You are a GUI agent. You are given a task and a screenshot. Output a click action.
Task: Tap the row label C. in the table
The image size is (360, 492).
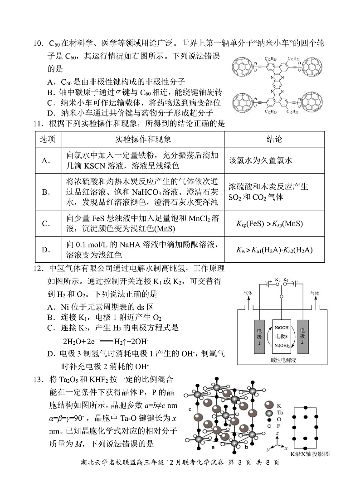(x=45, y=223)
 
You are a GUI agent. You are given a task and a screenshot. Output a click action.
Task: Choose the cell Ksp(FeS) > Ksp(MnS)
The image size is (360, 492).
(x=270, y=224)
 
